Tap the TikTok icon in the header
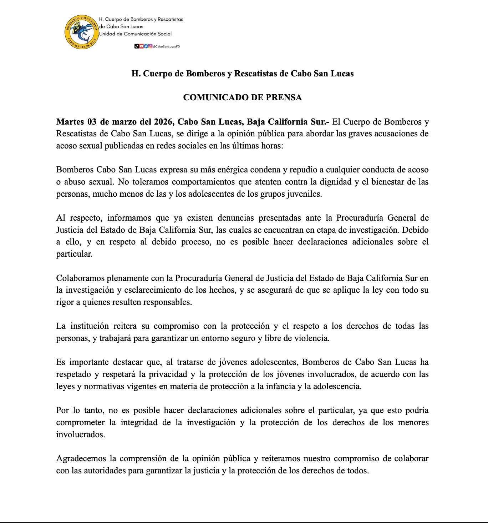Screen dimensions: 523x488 (136, 46)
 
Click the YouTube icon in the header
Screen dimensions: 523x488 (141, 46)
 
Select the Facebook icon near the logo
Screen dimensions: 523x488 (146, 46)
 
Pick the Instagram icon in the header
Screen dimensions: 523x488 (151, 46)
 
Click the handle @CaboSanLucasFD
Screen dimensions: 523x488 (166, 46)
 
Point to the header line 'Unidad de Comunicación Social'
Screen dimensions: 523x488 (136, 34)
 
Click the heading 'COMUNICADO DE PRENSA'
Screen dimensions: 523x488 (242, 97)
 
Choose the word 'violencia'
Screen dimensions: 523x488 (311, 338)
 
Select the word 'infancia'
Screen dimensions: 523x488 (280, 386)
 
